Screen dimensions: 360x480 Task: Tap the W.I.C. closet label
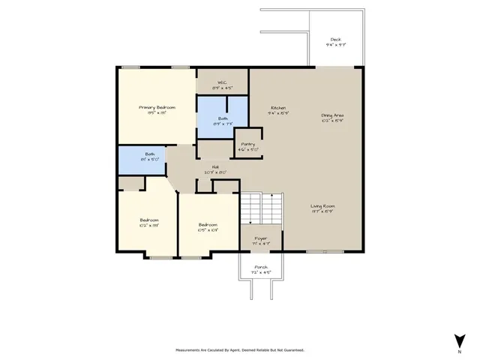tap(222, 82)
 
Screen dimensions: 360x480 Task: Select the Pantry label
tap(247, 145)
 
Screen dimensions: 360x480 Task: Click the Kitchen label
tap(279, 109)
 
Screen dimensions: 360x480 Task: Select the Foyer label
tap(261, 240)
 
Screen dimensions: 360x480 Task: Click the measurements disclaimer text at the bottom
tap(240, 349)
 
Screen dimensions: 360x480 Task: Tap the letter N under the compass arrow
tap(458, 351)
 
